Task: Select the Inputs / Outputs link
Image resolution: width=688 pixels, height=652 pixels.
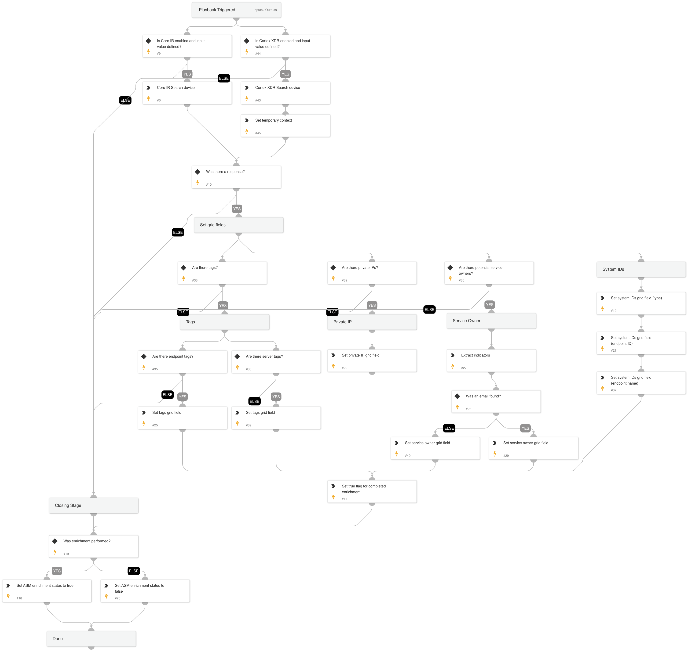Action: tap(265, 10)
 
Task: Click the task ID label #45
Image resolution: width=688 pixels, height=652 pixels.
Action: tap(258, 133)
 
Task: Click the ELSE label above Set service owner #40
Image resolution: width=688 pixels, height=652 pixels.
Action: tap(449, 428)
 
